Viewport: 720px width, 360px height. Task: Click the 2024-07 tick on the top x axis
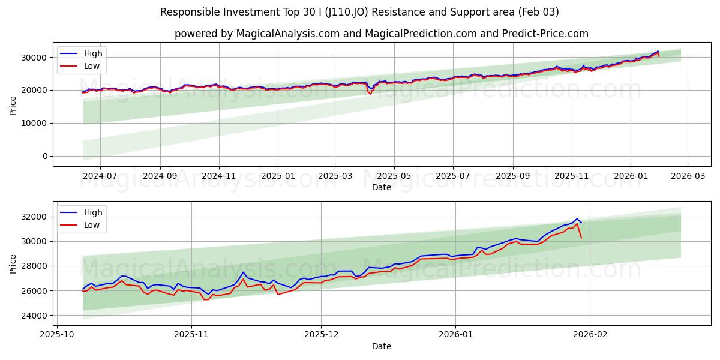coord(100,176)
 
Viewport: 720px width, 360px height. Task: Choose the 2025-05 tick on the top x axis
coord(394,176)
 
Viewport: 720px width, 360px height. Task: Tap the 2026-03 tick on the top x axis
coord(687,176)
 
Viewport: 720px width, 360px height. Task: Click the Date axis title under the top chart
coord(381,187)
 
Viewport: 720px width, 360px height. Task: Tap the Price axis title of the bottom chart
coord(13,264)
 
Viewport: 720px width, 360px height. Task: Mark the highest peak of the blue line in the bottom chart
coord(577,219)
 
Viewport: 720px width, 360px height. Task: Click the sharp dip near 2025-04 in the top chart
coord(370,93)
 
